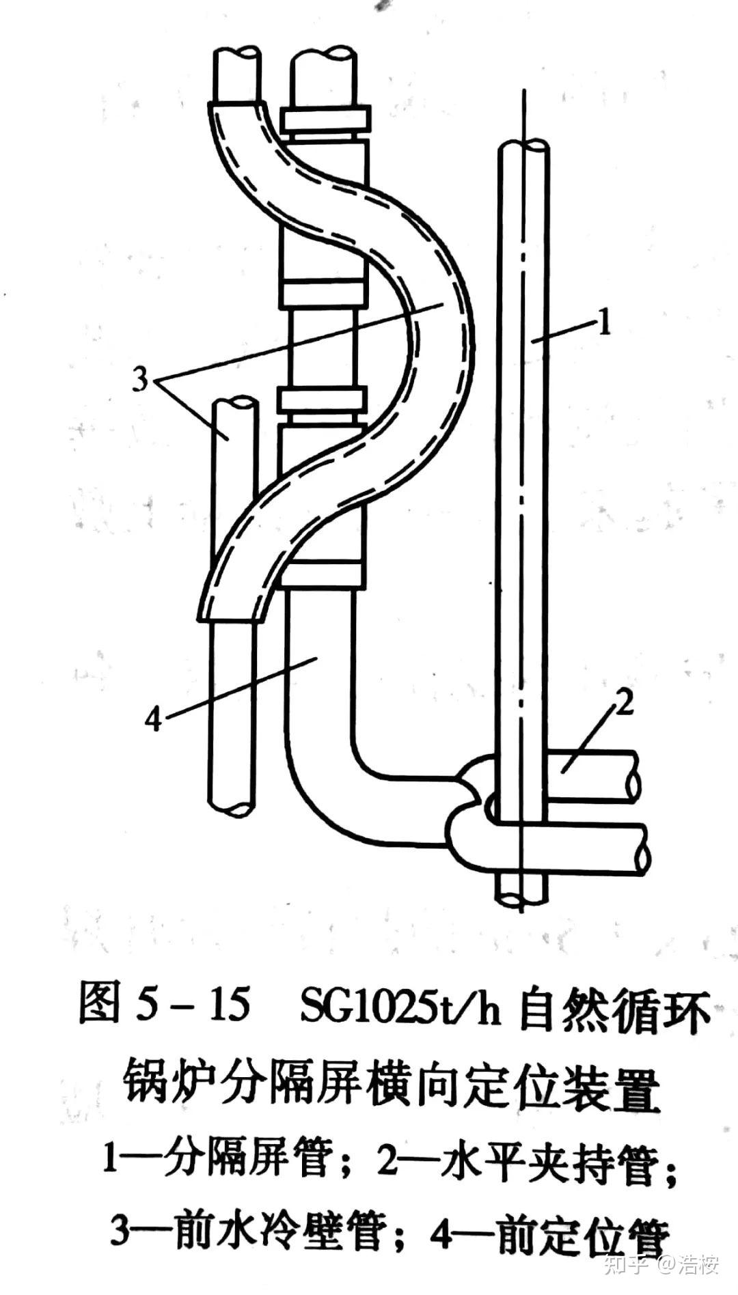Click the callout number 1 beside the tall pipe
pyautogui.click(x=603, y=322)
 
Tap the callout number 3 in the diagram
pyautogui.click(x=140, y=378)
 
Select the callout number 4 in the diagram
pyautogui.click(x=154, y=719)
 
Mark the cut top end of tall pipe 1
pyautogui.click(x=523, y=146)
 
